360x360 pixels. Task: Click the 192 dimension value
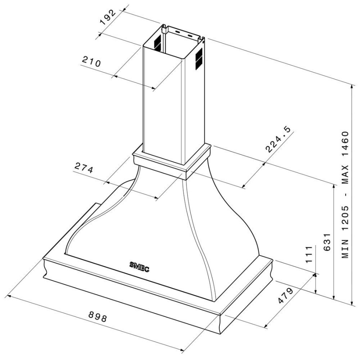pyautogui.click(x=108, y=18)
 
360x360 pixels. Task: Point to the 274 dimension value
pyautogui.click(x=84, y=168)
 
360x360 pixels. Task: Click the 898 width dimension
pyautogui.click(x=98, y=317)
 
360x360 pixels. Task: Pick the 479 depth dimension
pyautogui.click(x=285, y=296)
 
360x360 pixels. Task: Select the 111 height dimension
pyautogui.click(x=308, y=254)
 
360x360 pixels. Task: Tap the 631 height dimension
pyautogui.click(x=326, y=242)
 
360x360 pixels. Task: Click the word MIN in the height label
pyautogui.click(x=345, y=249)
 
